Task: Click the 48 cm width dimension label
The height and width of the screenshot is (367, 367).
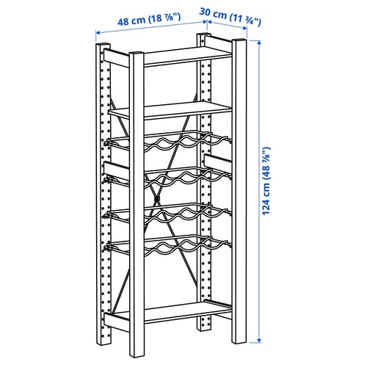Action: click(x=149, y=19)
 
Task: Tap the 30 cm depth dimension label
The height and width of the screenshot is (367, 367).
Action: click(x=230, y=17)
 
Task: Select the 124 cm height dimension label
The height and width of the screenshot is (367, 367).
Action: click(x=266, y=181)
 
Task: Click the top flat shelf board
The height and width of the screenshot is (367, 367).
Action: click(x=188, y=57)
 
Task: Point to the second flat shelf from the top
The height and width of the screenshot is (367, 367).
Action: click(x=170, y=111)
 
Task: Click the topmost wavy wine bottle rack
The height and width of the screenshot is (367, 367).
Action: click(x=168, y=142)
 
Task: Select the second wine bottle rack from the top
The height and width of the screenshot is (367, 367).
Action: click(x=168, y=178)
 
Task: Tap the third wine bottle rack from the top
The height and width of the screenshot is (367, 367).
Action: click(x=168, y=214)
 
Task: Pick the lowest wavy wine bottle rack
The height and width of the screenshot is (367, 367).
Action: click(x=168, y=246)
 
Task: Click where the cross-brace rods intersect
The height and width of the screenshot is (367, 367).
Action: click(x=157, y=198)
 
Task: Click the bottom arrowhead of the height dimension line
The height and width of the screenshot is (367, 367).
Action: click(x=259, y=341)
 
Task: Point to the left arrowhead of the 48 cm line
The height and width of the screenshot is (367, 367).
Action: click(x=98, y=32)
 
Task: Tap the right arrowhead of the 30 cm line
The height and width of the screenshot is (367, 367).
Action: click(x=244, y=29)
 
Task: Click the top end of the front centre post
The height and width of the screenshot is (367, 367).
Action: click(x=137, y=54)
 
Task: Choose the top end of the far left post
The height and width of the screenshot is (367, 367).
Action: click(x=103, y=45)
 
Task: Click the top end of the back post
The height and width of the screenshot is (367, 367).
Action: click(x=204, y=34)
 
